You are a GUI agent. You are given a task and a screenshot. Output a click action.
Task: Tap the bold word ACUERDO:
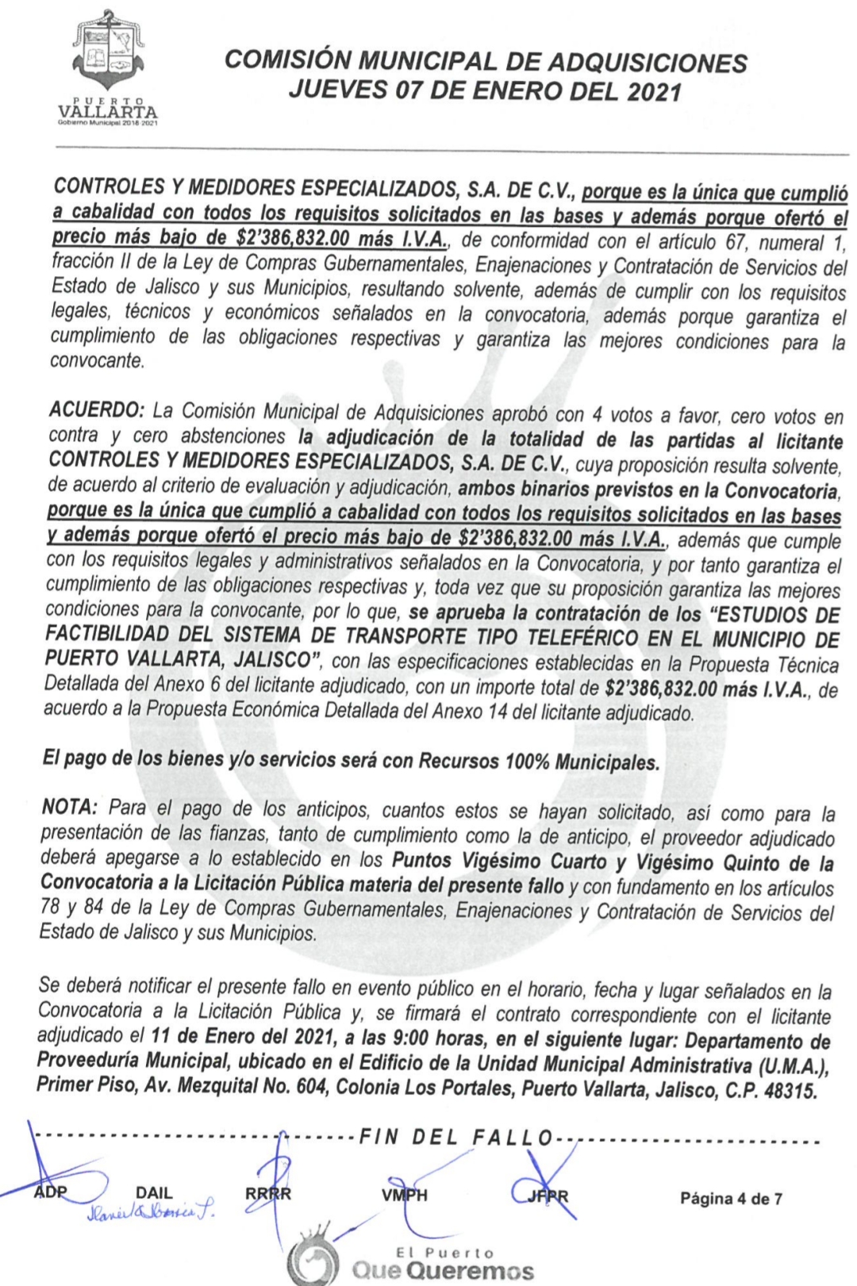coord(96,413)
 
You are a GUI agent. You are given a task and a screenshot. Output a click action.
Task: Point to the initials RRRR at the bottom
coord(268,1195)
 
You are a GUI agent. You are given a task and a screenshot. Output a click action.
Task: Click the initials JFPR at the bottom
coord(548,1196)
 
